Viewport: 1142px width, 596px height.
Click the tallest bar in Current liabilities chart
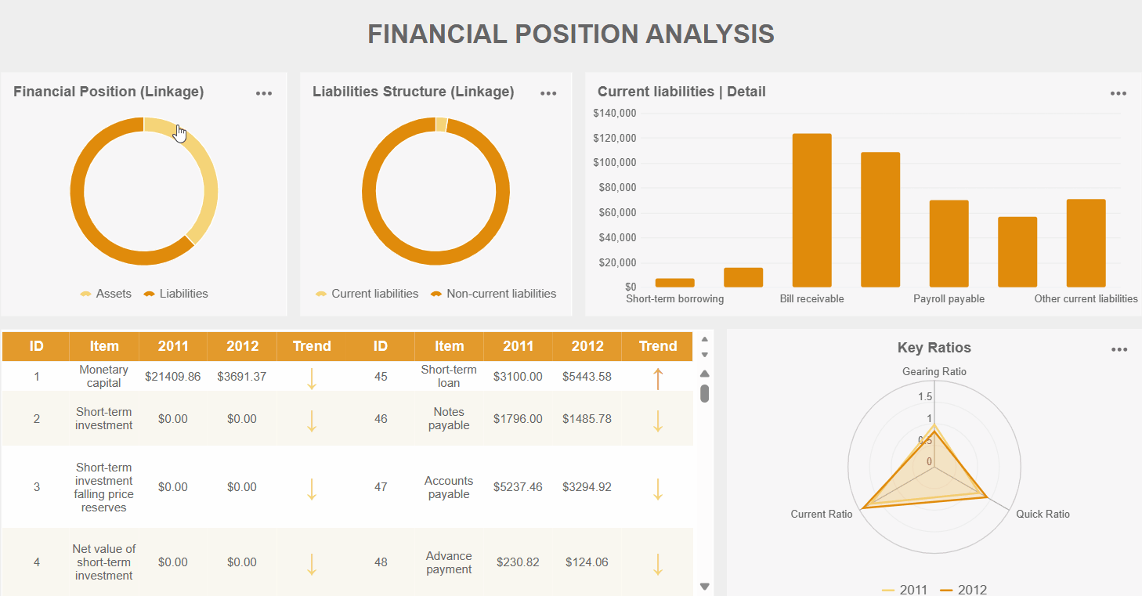[811, 210]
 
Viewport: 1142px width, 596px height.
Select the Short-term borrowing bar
[674, 283]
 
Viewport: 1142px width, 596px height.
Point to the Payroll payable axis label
[949, 299]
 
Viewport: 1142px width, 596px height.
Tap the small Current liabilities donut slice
[441, 125]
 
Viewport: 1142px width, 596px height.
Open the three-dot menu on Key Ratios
[1119, 349]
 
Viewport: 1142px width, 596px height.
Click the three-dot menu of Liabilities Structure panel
[548, 93]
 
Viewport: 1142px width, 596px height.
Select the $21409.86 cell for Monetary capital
[172, 377]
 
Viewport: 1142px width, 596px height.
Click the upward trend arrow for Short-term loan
[658, 377]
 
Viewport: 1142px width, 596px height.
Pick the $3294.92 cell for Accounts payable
[587, 487]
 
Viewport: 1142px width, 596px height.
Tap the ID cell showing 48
[381, 562]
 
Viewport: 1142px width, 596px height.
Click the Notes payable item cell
[449, 419]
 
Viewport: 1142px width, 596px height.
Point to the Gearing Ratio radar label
[934, 371]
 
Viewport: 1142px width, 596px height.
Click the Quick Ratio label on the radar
[1043, 515]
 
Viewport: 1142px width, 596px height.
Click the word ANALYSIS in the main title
[710, 34]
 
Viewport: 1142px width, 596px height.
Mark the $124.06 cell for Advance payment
[587, 562]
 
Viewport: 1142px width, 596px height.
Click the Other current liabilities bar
[1086, 243]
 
